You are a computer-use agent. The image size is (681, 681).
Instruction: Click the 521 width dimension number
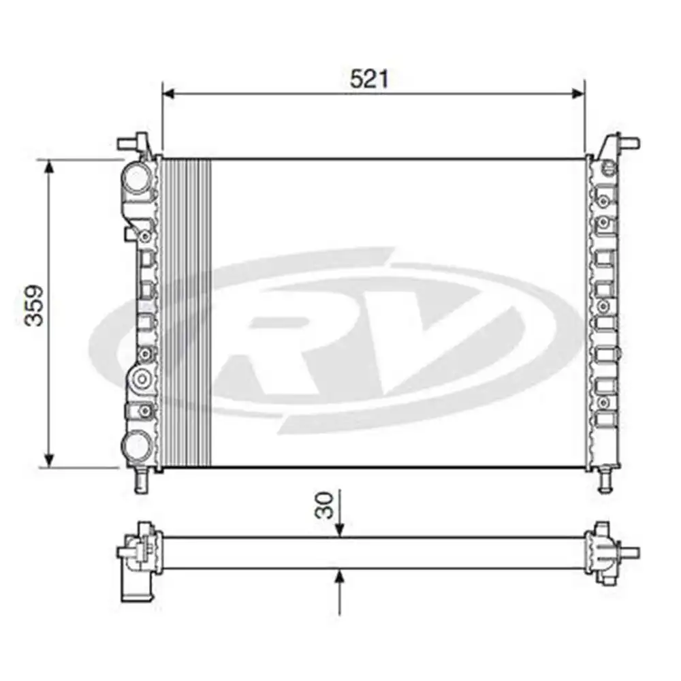tap(369, 79)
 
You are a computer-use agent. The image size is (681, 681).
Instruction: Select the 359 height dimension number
tap(35, 304)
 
